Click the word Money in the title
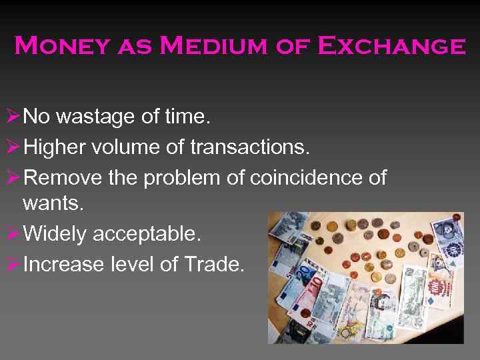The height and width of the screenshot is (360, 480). pos(62,47)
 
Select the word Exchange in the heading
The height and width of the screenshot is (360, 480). pos(391,47)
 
